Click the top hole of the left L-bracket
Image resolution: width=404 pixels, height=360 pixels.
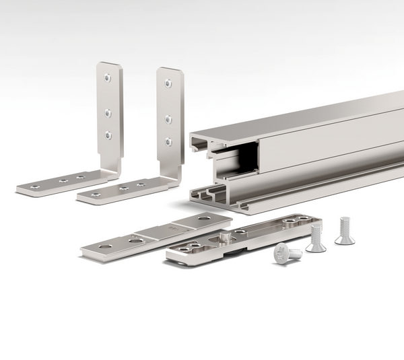108,78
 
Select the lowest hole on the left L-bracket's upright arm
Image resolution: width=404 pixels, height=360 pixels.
108,135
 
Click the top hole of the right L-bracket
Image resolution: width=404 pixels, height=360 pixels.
168,83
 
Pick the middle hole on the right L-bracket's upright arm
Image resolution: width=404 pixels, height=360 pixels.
168,119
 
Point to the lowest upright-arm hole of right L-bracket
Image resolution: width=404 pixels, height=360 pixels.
168,141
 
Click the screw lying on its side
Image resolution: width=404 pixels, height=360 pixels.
288,253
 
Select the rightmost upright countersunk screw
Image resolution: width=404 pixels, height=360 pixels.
345,231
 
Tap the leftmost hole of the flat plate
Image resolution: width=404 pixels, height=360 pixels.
106,247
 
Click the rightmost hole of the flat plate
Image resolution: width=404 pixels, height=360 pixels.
203,219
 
